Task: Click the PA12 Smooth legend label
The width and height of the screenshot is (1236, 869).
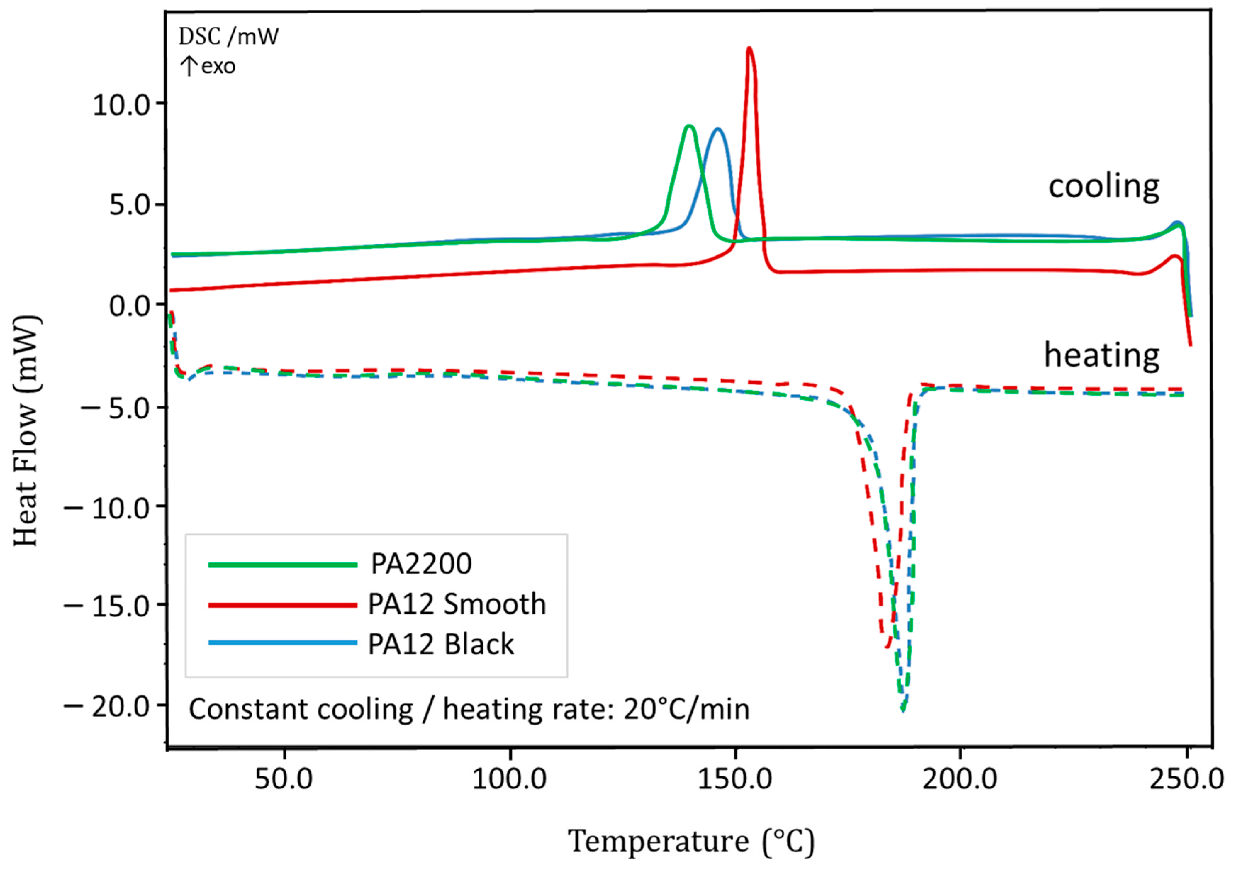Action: click(x=457, y=604)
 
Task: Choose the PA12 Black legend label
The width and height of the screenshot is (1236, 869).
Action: click(x=441, y=644)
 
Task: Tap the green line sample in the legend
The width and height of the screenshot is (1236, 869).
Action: click(x=283, y=565)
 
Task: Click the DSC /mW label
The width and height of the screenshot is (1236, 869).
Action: click(x=229, y=37)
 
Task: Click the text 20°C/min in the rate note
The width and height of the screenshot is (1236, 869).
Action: click(x=686, y=709)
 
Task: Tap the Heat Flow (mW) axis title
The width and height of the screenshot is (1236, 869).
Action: click(x=26, y=431)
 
